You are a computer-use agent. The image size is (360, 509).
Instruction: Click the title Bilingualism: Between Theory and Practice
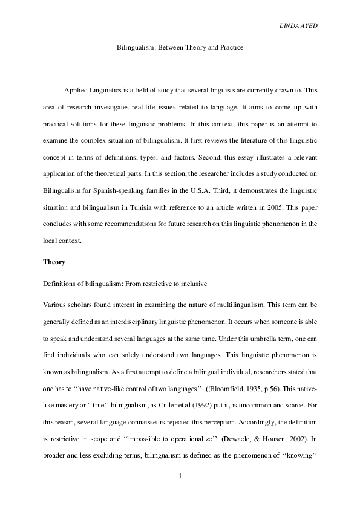click(x=180, y=47)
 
